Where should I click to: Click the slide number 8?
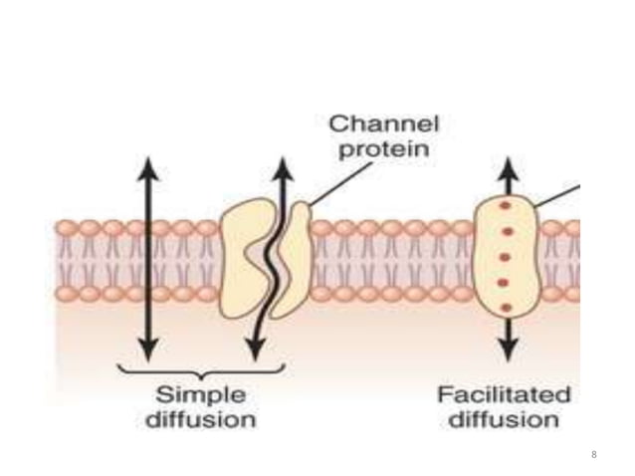[594, 455]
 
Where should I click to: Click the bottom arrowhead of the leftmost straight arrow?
[147, 350]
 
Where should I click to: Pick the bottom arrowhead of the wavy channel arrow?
[256, 350]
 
